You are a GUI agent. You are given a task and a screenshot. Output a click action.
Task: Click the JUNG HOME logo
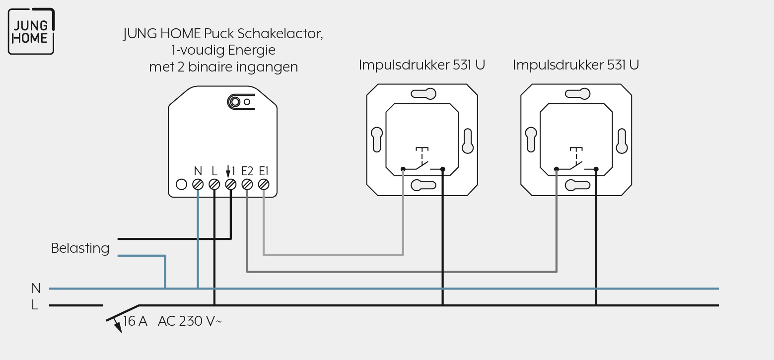pyautogui.click(x=31, y=31)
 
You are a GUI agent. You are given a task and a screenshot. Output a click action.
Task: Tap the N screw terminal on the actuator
pyautogui.click(x=198, y=185)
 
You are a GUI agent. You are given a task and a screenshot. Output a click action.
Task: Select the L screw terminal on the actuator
pyautogui.click(x=214, y=185)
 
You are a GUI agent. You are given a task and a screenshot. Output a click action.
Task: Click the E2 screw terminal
pyautogui.click(x=247, y=185)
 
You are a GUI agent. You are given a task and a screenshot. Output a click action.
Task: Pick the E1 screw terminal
pyautogui.click(x=264, y=185)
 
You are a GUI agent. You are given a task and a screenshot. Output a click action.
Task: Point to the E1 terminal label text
pyautogui.click(x=264, y=171)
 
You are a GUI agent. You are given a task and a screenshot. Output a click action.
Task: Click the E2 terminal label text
pyautogui.click(x=247, y=171)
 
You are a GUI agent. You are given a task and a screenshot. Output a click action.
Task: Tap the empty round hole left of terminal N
pyautogui.click(x=181, y=185)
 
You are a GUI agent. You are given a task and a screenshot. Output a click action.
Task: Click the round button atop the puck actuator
pyautogui.click(x=235, y=102)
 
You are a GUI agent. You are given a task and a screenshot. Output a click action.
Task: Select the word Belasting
pyautogui.click(x=80, y=248)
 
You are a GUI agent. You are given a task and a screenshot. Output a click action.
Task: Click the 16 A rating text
pyautogui.click(x=135, y=321)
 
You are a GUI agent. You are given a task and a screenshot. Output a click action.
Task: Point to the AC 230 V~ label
pyautogui.click(x=190, y=321)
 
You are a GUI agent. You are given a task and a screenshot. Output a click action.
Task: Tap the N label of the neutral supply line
pyautogui.click(x=36, y=288)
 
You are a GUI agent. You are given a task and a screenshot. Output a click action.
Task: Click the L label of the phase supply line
pyautogui.click(x=35, y=305)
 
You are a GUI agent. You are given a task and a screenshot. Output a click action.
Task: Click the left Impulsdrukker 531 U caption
pyautogui.click(x=422, y=65)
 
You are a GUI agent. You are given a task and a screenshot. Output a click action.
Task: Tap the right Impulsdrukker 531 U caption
pyautogui.click(x=576, y=65)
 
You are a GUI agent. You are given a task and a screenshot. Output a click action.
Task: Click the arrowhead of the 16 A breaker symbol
pyautogui.click(x=118, y=328)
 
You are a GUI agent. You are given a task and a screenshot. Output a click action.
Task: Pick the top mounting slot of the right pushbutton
pyautogui.click(x=577, y=94)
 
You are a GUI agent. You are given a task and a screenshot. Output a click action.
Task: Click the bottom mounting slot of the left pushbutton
pyautogui.click(x=423, y=185)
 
